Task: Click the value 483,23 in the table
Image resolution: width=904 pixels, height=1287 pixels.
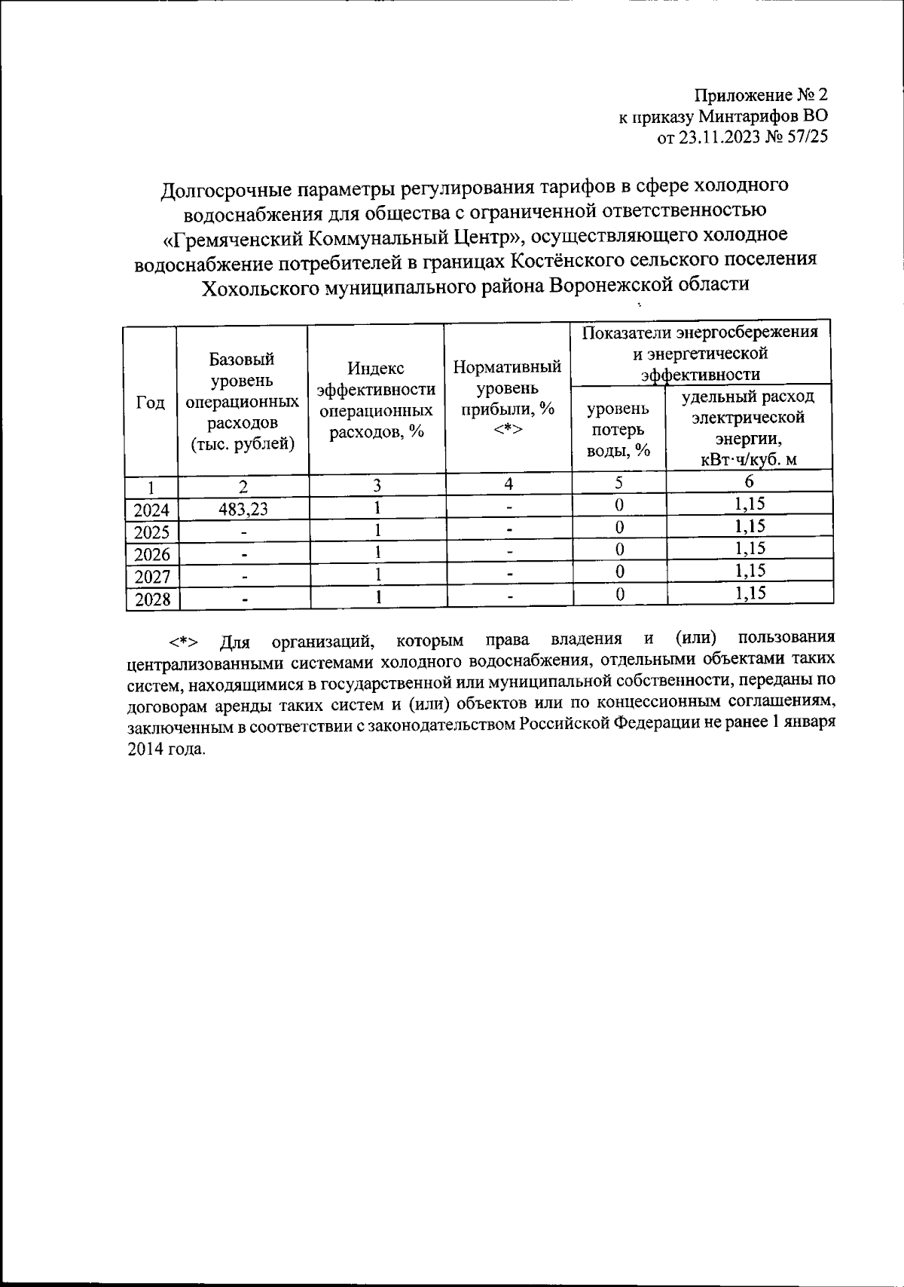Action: tap(243, 510)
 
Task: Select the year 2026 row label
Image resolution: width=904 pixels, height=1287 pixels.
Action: tap(151, 555)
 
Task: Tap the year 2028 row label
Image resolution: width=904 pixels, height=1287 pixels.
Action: tap(151, 600)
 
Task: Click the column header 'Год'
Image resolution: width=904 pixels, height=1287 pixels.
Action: tap(150, 403)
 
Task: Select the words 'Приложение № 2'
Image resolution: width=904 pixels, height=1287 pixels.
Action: tap(760, 96)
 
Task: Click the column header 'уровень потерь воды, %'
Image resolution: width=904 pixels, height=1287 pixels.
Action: tap(618, 430)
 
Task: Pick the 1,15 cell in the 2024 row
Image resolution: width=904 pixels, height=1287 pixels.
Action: tap(750, 504)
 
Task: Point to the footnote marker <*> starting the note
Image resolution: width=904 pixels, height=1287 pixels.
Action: tap(183, 642)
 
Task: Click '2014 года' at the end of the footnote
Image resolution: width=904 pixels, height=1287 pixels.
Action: tap(166, 750)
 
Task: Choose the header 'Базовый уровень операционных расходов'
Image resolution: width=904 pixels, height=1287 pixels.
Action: tap(242, 401)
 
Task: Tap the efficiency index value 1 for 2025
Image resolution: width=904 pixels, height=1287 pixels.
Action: tap(377, 531)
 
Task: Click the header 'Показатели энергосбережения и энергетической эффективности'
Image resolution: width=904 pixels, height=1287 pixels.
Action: tap(701, 353)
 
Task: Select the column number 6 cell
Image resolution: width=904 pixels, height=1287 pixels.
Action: tap(749, 482)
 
